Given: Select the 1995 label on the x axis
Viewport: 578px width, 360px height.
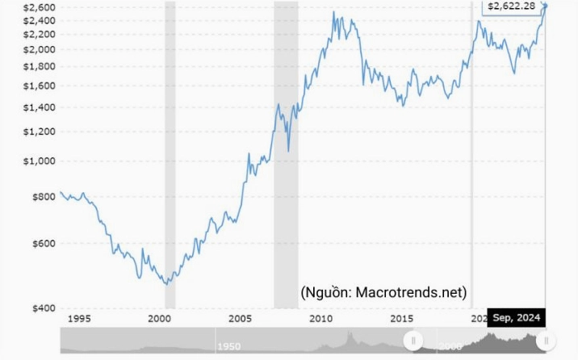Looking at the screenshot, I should point(78,319).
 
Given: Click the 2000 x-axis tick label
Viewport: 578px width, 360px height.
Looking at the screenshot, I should point(160,319).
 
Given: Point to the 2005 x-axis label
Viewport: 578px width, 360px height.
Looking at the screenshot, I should point(241,319).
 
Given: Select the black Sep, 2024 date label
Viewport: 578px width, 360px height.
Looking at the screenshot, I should point(517,317).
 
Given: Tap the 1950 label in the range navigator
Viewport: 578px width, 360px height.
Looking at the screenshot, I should point(228,346).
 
